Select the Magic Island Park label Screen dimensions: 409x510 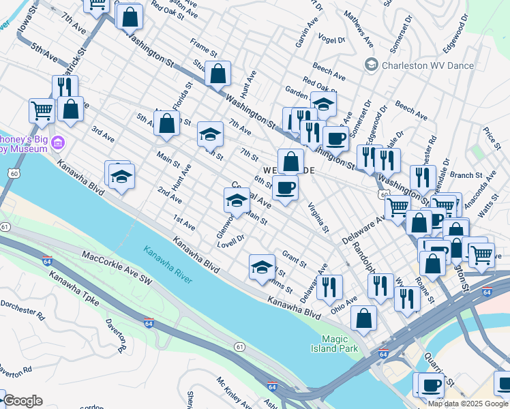tap(339, 344)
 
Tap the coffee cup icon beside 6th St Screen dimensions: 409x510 tap(286, 188)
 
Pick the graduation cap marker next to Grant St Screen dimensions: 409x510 tap(262, 267)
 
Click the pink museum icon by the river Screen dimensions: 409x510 tap(59, 142)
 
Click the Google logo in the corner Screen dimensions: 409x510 tap(22, 401)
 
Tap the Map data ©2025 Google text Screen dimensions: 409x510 tap(468, 404)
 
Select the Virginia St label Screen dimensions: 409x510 tap(317, 217)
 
